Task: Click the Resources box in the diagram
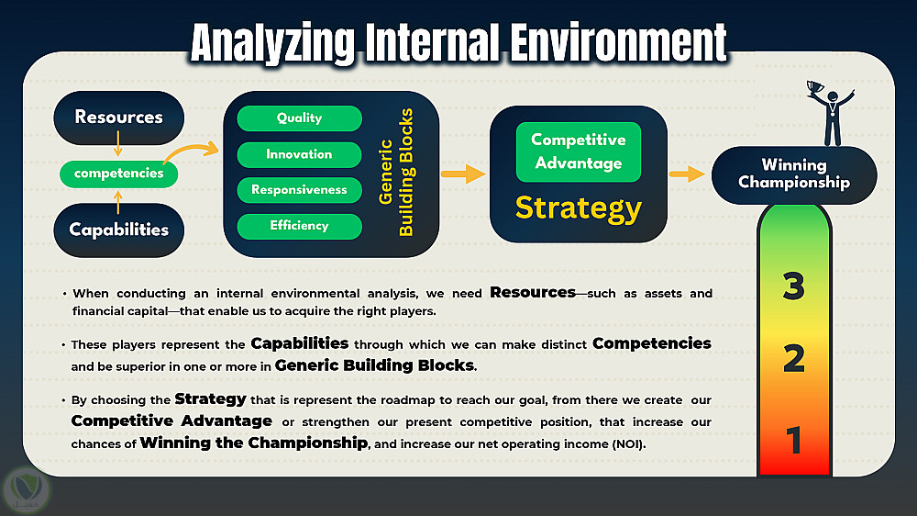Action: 118,118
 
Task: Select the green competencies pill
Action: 118,174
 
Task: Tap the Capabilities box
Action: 118,230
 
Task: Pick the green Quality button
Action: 300,118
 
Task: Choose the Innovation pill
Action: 300,154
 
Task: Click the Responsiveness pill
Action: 300,190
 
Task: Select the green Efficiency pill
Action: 300,226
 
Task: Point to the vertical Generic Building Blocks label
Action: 396,173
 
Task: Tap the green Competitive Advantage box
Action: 579,151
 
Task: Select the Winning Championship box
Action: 794,175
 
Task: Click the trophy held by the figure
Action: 814,88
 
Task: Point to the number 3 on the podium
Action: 793,286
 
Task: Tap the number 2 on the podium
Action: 793,358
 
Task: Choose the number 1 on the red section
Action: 793,440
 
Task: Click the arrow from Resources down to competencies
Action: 118,143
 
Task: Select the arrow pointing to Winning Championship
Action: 687,174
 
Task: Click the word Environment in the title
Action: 618,43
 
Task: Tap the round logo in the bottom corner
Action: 27,490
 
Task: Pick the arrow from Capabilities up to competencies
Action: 118,203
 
